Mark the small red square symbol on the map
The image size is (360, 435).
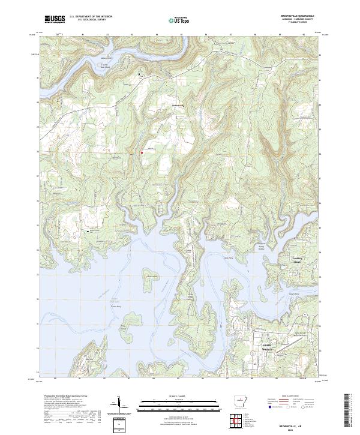(x=141, y=152)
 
